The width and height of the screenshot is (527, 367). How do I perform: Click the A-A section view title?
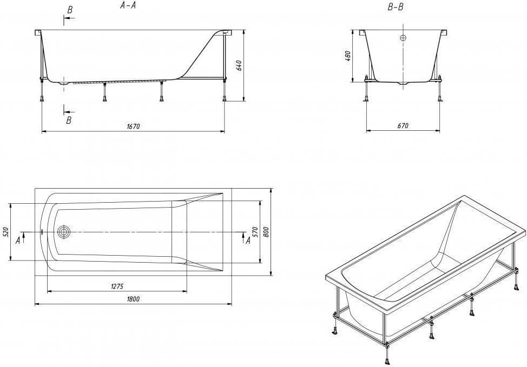click(x=128, y=6)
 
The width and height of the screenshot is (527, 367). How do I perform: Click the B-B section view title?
click(x=395, y=7)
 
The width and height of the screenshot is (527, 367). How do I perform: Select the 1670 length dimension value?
click(x=133, y=126)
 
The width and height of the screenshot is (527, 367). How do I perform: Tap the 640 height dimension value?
click(x=239, y=65)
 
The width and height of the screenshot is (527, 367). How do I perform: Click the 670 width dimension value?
click(x=403, y=126)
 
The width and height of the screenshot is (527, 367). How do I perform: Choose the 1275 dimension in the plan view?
click(x=117, y=286)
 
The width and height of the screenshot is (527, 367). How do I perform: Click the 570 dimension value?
click(x=255, y=232)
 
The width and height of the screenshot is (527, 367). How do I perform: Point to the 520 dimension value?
click(x=6, y=232)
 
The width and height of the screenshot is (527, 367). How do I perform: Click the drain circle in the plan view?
click(x=63, y=232)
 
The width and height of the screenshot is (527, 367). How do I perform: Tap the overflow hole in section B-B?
click(x=403, y=38)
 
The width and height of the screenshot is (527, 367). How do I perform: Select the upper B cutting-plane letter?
click(x=70, y=10)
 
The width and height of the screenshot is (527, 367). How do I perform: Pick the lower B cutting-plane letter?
click(x=69, y=120)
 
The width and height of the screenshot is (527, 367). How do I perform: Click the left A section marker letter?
click(x=17, y=241)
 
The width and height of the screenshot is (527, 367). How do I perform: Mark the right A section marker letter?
click(x=248, y=241)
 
